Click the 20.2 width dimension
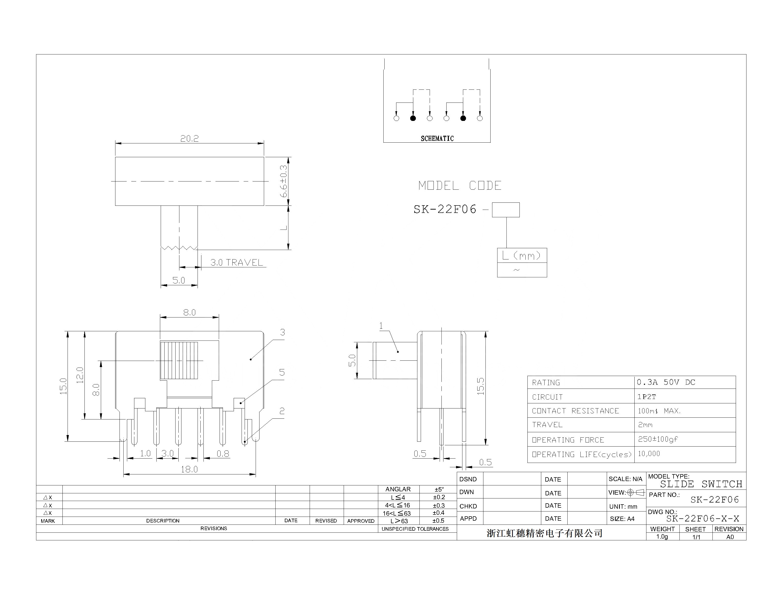189,139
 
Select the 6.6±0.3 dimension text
284,181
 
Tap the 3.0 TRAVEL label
236,263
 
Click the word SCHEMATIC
437,139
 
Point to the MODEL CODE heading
460,185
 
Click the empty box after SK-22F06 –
505,210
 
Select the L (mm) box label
522,255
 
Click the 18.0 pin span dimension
189,469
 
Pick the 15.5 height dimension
481,386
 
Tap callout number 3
282,332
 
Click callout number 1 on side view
381,326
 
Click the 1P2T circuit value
646,397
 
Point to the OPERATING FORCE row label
568,440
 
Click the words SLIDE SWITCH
701,484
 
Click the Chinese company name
544,533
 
